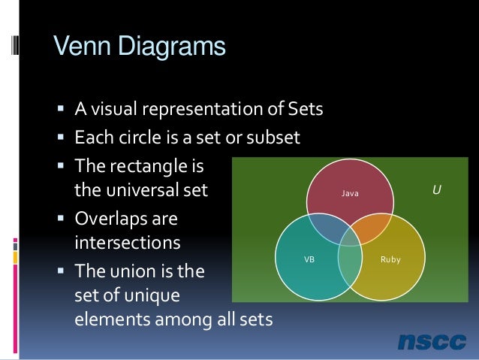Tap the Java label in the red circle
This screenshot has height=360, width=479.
tap(351, 194)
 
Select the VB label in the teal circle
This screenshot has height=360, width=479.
tap(309, 259)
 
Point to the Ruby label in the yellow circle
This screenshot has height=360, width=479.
tap(390, 259)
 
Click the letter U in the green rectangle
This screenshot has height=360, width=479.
tap(435, 191)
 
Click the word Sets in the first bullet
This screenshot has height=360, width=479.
tap(306, 110)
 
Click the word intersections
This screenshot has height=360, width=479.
tap(128, 244)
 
